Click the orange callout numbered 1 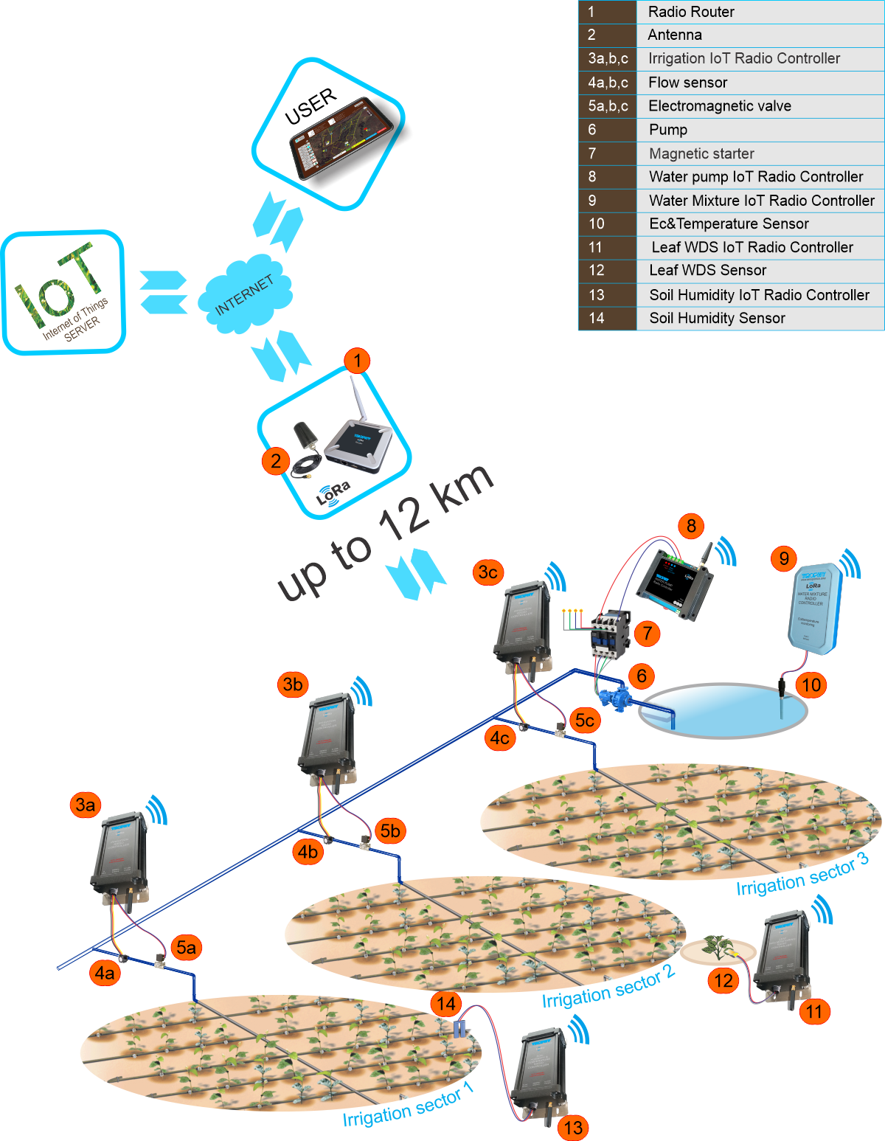click(357, 361)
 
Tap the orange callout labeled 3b click(293, 684)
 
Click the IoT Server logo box click(63, 293)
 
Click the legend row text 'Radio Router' click(691, 12)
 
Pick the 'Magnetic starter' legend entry click(701, 153)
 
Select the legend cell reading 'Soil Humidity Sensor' click(717, 318)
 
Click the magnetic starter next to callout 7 click(609, 631)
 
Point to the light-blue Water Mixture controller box click(813, 609)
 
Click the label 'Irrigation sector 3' click(802, 875)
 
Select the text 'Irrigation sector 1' click(408, 1106)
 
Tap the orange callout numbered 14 click(446, 1004)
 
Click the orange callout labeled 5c click(585, 720)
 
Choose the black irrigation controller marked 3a click(120, 856)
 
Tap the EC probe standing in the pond click(781, 698)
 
